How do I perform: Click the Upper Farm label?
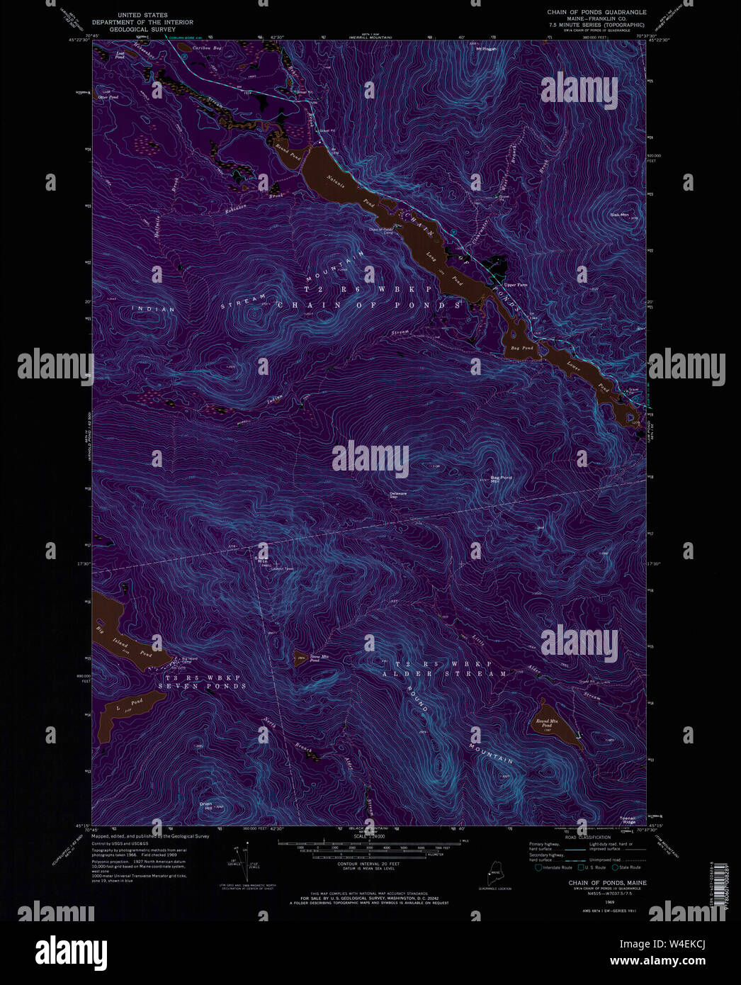516,285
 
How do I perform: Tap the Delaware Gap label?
398,495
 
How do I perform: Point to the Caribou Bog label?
207,49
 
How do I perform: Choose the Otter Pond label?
108,97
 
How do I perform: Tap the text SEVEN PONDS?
202,686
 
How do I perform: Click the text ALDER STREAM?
445,674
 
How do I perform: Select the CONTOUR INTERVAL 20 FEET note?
368,865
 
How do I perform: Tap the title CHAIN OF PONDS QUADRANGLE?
596,12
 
